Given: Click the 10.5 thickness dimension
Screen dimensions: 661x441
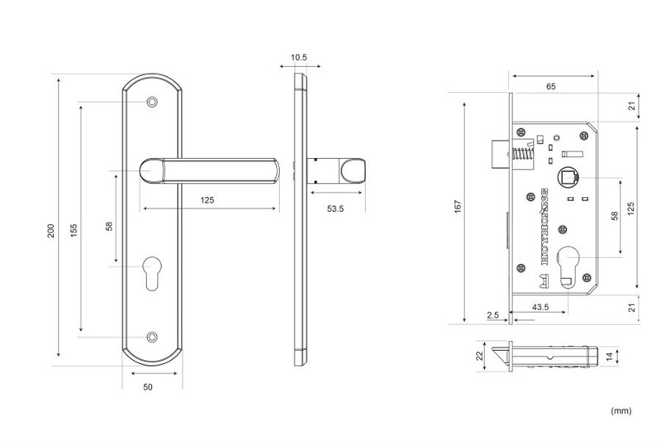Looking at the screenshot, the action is (x=299, y=58).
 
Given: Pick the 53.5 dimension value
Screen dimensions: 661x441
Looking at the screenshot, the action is (x=335, y=209).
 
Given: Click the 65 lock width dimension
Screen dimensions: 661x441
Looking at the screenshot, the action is (x=550, y=86).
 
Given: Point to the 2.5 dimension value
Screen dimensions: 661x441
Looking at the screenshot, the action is (x=493, y=316).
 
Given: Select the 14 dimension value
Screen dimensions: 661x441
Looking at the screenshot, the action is (x=611, y=356).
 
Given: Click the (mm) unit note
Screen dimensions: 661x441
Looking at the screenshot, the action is (x=621, y=410).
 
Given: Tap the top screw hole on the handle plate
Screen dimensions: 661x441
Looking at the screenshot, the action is (x=150, y=103).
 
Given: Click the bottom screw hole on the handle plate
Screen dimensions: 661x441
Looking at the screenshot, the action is (x=150, y=337).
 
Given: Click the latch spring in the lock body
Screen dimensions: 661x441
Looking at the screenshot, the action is (x=523, y=154).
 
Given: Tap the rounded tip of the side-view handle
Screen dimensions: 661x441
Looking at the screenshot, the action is (x=353, y=171).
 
